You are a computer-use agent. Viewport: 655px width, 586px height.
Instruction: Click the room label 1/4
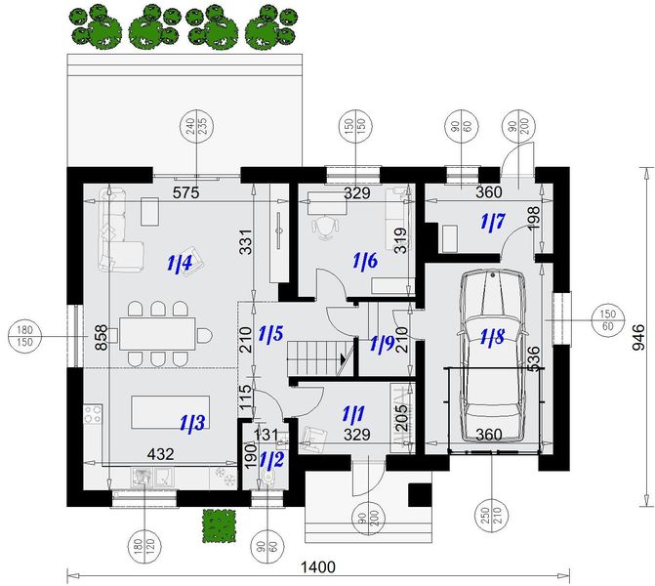[180, 264]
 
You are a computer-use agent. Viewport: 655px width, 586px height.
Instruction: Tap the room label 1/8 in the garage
[492, 337]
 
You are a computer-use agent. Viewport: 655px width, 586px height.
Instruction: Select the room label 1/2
[271, 460]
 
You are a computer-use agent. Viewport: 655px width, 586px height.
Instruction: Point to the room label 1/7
[493, 222]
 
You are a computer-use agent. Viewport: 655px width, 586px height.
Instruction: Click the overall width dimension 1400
[318, 567]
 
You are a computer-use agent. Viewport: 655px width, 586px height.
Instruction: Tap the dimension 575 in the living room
[186, 192]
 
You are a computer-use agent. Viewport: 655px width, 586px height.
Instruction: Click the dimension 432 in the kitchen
[161, 454]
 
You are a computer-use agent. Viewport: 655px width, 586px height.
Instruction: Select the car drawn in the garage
[492, 356]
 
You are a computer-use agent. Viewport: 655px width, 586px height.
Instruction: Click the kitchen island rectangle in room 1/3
[171, 412]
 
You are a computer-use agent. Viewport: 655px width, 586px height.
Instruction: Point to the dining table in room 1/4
[157, 334]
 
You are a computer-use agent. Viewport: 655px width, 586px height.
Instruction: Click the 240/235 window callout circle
[196, 126]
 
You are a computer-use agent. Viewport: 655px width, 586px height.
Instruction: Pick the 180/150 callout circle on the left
[24, 336]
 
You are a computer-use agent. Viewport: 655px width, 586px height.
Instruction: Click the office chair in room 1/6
[325, 228]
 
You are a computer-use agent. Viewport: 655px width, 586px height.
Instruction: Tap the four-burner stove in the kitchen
[93, 414]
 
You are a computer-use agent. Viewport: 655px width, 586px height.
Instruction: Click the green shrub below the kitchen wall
[218, 525]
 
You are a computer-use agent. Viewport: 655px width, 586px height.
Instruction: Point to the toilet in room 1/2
[267, 479]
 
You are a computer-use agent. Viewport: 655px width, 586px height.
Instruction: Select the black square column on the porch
[420, 495]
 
